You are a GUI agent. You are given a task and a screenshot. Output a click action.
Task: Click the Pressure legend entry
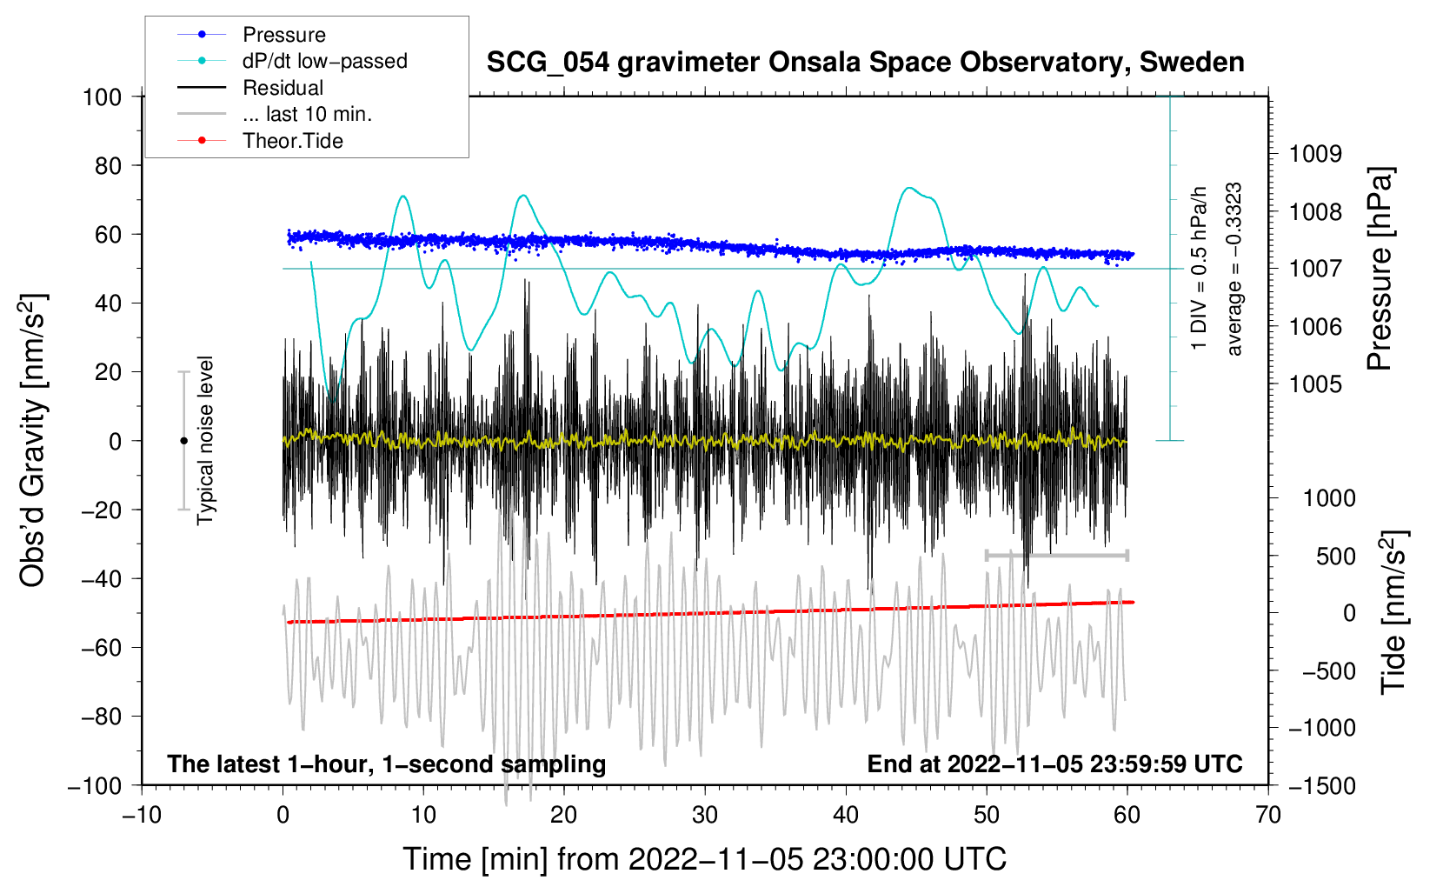coord(283,35)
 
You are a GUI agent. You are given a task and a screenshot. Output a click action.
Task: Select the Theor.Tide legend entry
coord(292,141)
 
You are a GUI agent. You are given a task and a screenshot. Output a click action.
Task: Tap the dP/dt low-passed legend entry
coord(324,61)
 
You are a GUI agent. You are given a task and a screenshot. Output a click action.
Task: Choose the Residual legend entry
coord(283,88)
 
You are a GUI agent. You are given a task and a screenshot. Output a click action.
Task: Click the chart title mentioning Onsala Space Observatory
coord(865,63)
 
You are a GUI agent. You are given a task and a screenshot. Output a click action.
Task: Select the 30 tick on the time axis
coord(705,815)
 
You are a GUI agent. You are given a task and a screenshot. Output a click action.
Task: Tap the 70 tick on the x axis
coord(1268,815)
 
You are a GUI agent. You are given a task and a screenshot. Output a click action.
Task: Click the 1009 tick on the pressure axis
coord(1315,154)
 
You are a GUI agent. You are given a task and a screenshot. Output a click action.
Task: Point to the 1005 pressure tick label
coord(1315,384)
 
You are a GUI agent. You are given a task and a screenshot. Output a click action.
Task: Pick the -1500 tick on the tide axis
coord(1322,785)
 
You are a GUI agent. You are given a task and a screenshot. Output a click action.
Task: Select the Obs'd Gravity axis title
coord(33,440)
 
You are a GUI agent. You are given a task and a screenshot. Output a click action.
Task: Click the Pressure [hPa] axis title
coord(1380,269)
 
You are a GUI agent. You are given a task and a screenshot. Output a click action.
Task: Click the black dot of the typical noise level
coord(183,441)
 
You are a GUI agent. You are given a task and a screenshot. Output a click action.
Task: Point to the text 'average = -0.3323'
coord(1234,269)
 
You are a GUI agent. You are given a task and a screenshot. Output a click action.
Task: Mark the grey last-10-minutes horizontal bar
coord(1056,555)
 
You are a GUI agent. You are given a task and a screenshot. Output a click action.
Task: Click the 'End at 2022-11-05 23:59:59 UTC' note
coord(1054,764)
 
